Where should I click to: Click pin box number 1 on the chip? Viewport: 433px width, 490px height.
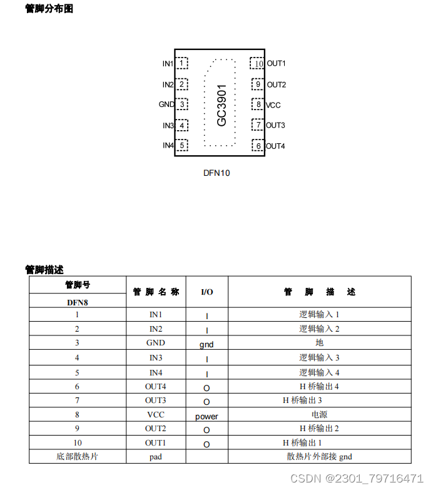pyautogui.click(x=182, y=63)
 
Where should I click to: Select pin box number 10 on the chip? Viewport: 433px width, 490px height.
pyautogui.click(x=257, y=63)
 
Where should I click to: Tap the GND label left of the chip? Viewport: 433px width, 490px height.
pyautogui.click(x=166, y=105)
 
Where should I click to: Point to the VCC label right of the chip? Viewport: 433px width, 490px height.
pyautogui.click(x=273, y=105)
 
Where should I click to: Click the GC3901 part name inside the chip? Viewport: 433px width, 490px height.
pyautogui.click(x=222, y=105)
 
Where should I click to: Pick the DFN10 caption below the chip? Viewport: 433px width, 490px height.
pyautogui.click(x=216, y=173)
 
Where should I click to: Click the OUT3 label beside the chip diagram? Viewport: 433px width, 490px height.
pyautogui.click(x=275, y=125)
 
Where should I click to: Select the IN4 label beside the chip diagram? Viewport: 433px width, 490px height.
pyautogui.click(x=168, y=146)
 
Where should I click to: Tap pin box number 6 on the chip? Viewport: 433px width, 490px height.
pyautogui.click(x=257, y=146)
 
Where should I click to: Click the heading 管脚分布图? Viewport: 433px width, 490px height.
pyautogui.click(x=49, y=9)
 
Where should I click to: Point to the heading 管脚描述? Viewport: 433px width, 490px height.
pyautogui.click(x=44, y=270)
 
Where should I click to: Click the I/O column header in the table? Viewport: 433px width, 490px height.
pyautogui.click(x=206, y=292)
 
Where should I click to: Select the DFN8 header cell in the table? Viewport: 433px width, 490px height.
pyautogui.click(x=78, y=302)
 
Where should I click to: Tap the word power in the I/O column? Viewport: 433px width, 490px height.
pyautogui.click(x=206, y=416)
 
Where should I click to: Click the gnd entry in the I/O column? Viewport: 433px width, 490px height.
pyautogui.click(x=206, y=344)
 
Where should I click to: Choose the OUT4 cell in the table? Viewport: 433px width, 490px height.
pyautogui.click(x=156, y=387)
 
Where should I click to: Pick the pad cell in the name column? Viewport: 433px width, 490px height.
pyautogui.click(x=156, y=457)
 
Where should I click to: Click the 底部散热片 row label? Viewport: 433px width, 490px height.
pyautogui.click(x=78, y=457)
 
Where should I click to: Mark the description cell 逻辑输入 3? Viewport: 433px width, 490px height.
pyautogui.click(x=319, y=358)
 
